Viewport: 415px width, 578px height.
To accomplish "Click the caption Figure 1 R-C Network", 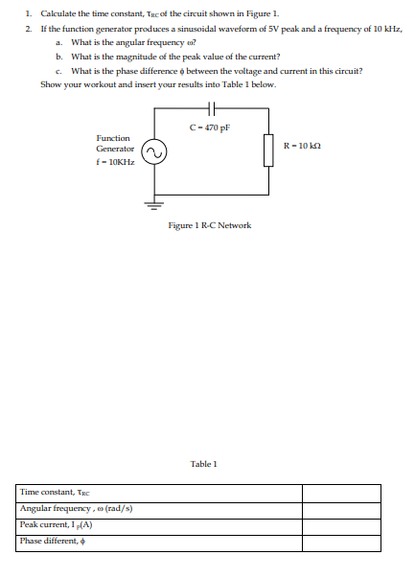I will click(209, 225).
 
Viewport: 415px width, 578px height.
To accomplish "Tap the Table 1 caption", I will click(204, 464).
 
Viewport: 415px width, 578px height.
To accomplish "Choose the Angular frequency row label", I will click(75, 509).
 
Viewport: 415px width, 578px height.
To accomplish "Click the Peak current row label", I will click(55, 525).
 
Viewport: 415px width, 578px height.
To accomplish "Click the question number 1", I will click(29, 14).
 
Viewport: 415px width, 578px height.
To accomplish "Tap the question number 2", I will click(29, 30).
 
